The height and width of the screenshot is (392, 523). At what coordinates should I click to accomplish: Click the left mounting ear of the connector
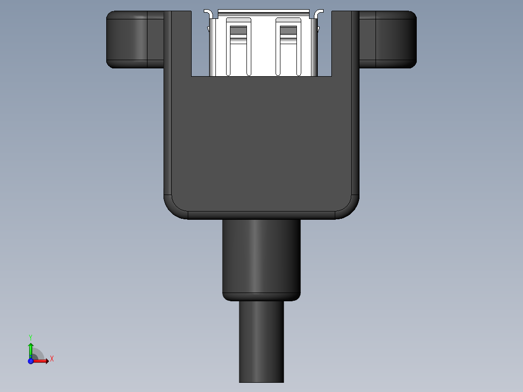pos(131,39)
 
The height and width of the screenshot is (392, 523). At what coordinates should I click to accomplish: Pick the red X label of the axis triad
pos(51,359)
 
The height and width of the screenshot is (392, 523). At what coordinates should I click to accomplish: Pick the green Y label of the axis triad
pos(30,337)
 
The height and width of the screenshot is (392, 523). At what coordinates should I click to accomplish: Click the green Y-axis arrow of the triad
pos(31,348)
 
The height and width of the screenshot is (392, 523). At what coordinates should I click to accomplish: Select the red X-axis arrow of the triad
pos(41,361)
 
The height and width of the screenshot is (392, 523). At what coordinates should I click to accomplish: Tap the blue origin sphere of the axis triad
pos(31,361)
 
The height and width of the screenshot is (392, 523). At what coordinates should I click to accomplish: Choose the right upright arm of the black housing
pos(345,44)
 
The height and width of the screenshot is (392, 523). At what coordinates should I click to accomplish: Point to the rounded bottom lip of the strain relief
pos(261,296)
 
